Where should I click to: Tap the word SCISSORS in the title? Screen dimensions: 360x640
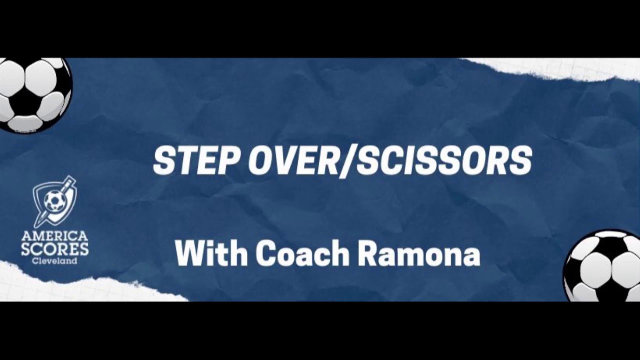tap(444, 161)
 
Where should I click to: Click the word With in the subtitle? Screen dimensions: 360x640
tap(211, 254)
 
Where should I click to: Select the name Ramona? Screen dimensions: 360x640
tap(419, 254)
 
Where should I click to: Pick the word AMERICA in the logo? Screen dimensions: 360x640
tap(55, 236)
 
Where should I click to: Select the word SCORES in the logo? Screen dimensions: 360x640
tap(55, 249)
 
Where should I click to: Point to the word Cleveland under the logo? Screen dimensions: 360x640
tap(55, 260)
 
